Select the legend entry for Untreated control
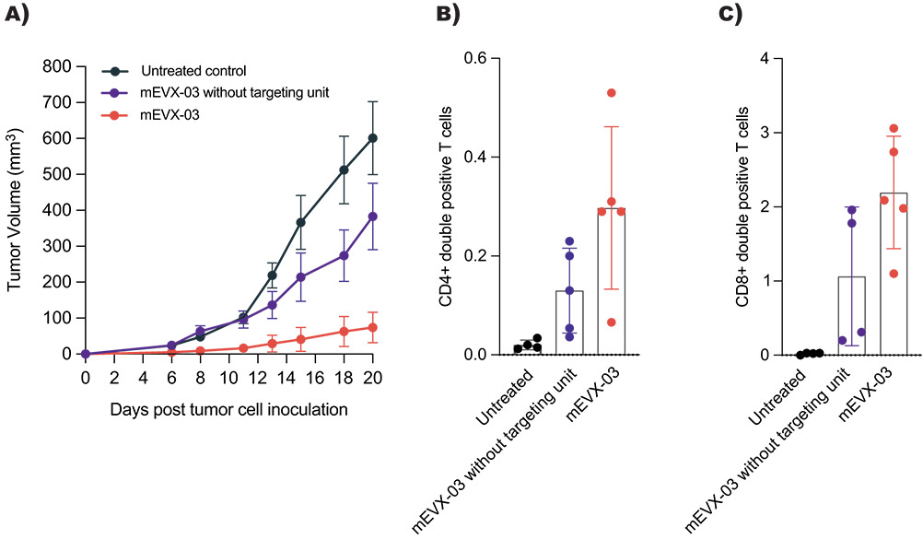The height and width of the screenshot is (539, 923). tap(193, 70)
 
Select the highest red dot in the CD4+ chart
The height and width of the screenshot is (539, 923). tap(612, 93)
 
